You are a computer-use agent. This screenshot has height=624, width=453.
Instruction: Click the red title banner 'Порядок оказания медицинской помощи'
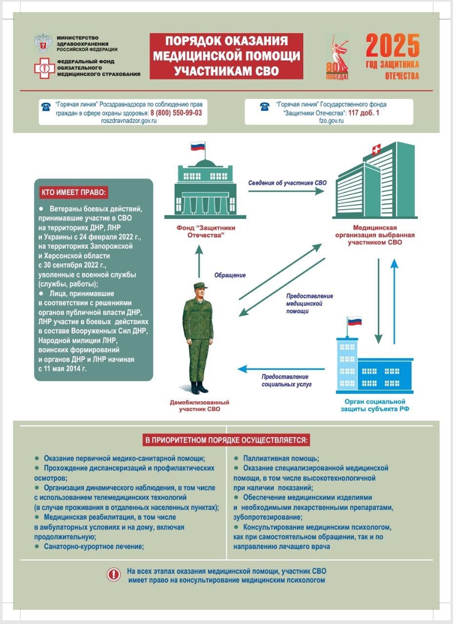tap(226, 56)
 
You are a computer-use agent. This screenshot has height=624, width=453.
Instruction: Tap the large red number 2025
tap(393, 46)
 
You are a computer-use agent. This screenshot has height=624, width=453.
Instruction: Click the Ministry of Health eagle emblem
tap(44, 43)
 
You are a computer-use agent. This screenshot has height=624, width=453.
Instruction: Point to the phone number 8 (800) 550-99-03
tap(176, 112)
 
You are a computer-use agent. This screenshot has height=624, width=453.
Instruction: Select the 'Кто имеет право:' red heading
tap(73, 192)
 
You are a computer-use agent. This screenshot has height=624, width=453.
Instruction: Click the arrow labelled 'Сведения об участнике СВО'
tap(286, 192)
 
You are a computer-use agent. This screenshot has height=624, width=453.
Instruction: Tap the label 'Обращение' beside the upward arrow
tap(230, 275)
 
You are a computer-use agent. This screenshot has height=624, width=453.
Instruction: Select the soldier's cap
tap(200, 286)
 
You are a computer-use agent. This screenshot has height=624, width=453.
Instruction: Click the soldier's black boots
tap(199, 388)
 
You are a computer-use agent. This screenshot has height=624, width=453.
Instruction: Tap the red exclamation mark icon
tap(114, 575)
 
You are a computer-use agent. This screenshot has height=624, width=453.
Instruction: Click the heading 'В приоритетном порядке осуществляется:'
tap(227, 441)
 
